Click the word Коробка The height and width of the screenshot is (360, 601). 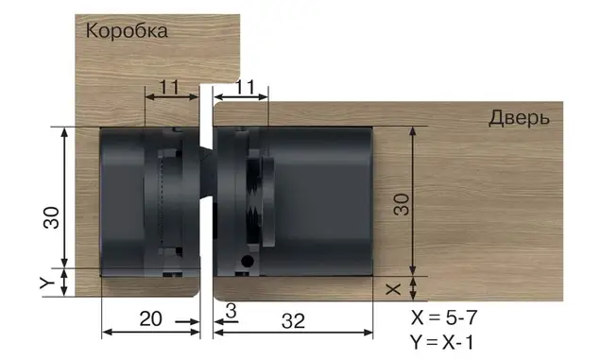127,30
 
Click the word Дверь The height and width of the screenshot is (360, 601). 519,118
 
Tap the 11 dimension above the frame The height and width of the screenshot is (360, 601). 169,87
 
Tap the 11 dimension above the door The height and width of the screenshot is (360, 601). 246,87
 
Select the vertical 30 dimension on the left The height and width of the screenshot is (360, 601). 51,217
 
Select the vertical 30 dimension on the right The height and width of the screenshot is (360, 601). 402,204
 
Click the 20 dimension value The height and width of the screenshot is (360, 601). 150,318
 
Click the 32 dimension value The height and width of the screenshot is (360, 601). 293,321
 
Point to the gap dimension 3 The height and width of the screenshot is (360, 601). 232,311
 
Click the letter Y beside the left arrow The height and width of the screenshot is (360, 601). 47,283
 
